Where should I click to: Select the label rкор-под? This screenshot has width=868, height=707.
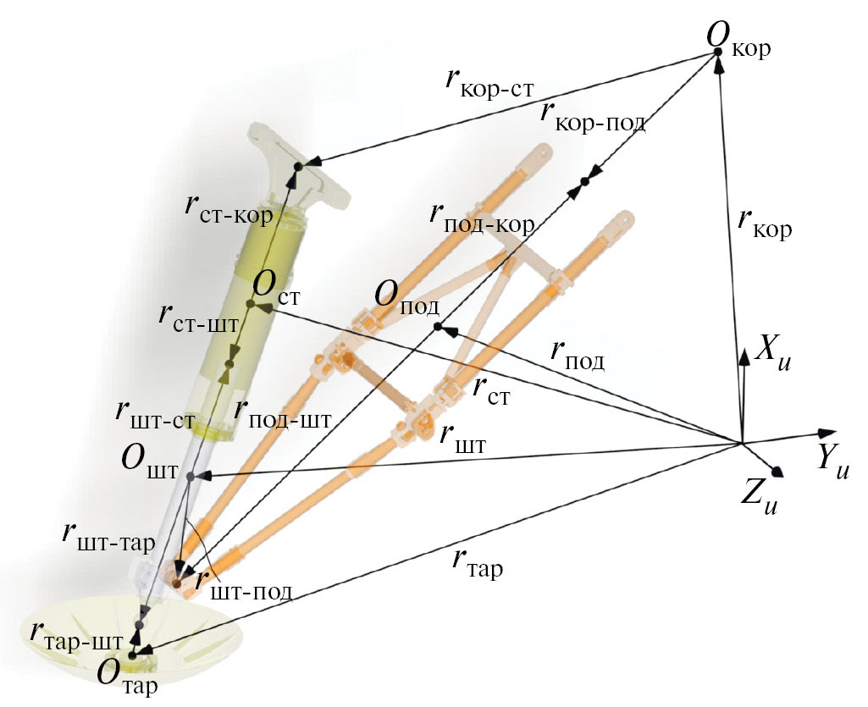[593, 113]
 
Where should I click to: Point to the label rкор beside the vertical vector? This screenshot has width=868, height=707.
[764, 225]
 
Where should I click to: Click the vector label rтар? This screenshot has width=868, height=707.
[477, 562]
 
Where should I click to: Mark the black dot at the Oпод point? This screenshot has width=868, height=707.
[437, 327]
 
